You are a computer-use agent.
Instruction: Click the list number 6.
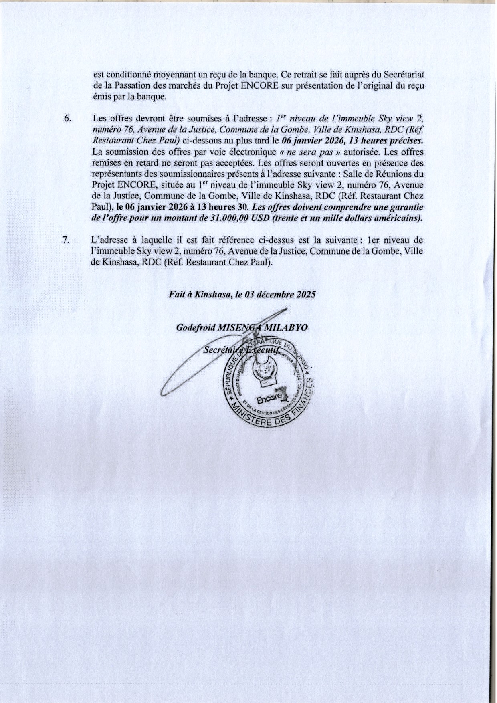[x=67, y=119]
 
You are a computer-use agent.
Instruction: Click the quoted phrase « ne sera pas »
[x=309, y=152]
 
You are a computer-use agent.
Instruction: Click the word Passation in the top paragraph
[x=131, y=86]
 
